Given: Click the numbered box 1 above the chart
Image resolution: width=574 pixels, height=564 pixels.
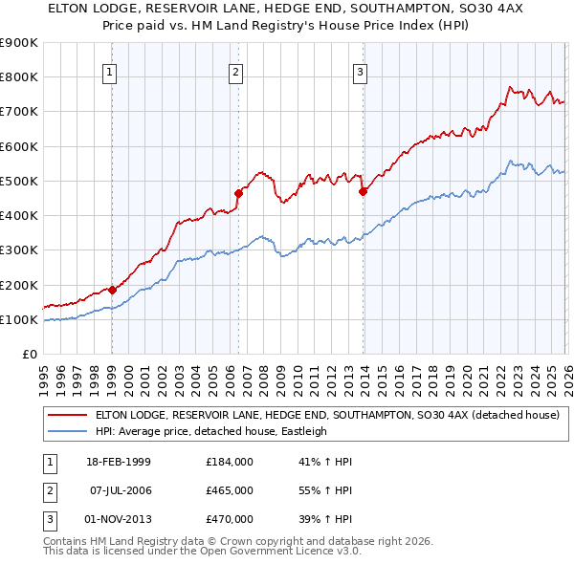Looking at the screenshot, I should pos(111,71).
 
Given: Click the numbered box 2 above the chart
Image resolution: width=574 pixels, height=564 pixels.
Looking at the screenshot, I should pos(235,71).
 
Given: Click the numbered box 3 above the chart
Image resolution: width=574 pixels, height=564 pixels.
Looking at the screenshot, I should pos(361,71).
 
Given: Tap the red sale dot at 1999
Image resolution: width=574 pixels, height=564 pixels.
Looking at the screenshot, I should pos(112,290).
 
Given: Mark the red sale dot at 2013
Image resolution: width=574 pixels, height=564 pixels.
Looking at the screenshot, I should pos(363,191).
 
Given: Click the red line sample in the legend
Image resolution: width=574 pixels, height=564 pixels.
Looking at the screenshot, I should pos(67,415).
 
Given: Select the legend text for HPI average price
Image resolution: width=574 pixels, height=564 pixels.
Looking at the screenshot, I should pos(210,431).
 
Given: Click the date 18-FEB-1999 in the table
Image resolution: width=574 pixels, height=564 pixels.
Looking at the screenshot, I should pos(119,462).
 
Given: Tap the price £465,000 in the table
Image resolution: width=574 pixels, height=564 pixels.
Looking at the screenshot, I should pos(230,490).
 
